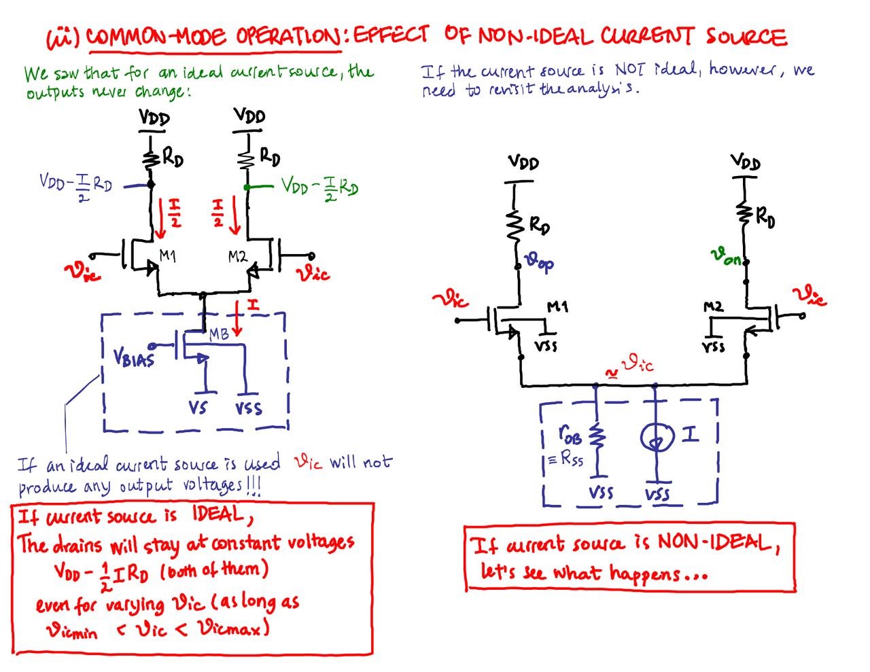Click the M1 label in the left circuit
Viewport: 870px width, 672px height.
pyautogui.click(x=167, y=255)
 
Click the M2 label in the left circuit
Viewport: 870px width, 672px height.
pyautogui.click(x=237, y=256)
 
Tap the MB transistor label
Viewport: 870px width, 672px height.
pyautogui.click(x=219, y=334)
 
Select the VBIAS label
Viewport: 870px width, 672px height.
pyautogui.click(x=134, y=357)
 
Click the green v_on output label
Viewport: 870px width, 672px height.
pyautogui.click(x=726, y=256)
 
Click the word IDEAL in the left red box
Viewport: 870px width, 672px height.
pyautogui.click(x=217, y=514)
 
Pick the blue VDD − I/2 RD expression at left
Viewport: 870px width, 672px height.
pyautogui.click(x=75, y=185)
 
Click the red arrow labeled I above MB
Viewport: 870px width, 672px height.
pyautogui.click(x=237, y=318)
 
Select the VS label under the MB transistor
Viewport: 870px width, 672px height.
pyautogui.click(x=198, y=408)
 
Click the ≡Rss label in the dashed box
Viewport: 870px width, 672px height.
pyautogui.click(x=565, y=459)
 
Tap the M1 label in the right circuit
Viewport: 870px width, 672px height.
pyautogui.click(x=557, y=307)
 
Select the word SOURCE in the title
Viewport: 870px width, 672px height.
pyautogui.click(x=745, y=37)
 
